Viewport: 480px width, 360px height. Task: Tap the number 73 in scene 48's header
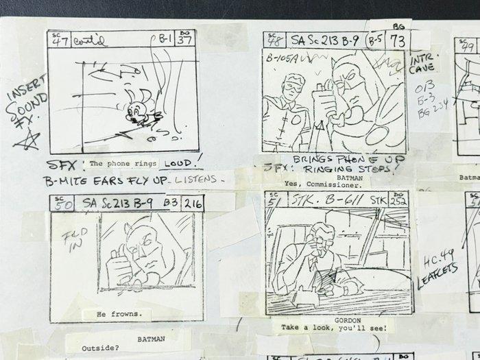point(396,40)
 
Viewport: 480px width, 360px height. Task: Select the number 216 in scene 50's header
point(194,203)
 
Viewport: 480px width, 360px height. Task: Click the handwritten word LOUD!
point(182,163)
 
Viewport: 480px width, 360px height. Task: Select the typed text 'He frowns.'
point(118,314)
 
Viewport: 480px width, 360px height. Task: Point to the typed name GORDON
point(335,320)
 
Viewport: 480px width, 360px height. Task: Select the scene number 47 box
point(57,40)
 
